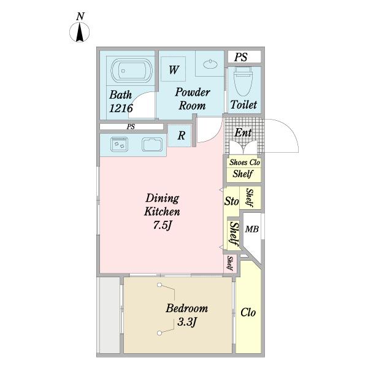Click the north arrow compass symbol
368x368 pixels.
[80, 32]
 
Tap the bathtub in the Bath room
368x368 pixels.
[131, 71]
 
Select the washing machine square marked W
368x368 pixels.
[173, 69]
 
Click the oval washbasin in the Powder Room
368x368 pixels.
[210, 64]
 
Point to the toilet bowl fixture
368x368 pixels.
[243, 81]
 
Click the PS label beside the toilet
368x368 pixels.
[241, 57]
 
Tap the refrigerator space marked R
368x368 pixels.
[181, 136]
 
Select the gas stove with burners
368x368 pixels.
[119, 144]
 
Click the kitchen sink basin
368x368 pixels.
[152, 145]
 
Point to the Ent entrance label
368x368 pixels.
[243, 133]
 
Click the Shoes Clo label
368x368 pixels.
[245, 162]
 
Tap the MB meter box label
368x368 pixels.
[252, 229]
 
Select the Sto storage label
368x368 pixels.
[231, 201]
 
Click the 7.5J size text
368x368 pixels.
[163, 225]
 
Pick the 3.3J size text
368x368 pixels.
[186, 322]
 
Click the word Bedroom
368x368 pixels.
[187, 308]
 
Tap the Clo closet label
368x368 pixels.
[248, 312]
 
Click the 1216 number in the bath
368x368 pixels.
[121, 108]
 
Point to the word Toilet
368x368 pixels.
[243, 104]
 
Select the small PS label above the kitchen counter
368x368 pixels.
[131, 127]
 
